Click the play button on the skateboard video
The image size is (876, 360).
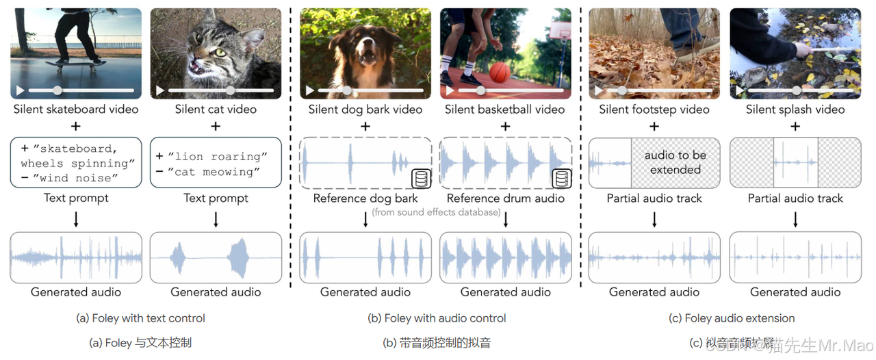[21, 90]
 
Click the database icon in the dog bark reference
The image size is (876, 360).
[420, 179]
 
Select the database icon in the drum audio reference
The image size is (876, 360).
[561, 179]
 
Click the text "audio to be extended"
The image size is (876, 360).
[675, 162]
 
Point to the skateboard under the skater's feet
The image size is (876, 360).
[72, 66]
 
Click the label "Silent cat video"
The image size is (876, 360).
[216, 110]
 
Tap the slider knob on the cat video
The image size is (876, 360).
[231, 90]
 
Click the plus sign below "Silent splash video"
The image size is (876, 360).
[795, 126]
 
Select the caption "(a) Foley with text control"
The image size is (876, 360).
[141, 318]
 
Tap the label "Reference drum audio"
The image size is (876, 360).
[506, 198]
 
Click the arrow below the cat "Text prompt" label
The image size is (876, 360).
[216, 219]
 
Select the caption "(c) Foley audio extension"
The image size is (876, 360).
[732, 318]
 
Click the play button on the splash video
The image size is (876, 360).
[738, 90]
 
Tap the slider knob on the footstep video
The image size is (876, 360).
[621, 90]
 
